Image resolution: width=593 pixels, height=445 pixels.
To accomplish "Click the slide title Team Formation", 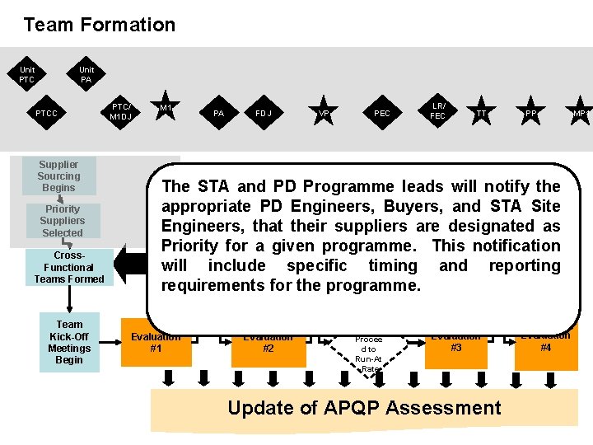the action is click(x=100, y=25).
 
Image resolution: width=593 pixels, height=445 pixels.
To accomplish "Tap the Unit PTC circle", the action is click(x=27, y=75).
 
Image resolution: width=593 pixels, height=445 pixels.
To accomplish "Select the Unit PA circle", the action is click(x=86, y=75).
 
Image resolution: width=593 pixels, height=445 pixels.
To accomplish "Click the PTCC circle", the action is click(x=47, y=113).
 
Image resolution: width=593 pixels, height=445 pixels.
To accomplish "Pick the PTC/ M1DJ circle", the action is click(x=120, y=111).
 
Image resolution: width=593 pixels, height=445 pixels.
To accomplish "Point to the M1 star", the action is click(x=166, y=107).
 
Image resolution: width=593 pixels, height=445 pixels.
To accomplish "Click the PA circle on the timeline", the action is click(x=219, y=113).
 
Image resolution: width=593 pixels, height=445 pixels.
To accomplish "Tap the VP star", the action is click(x=325, y=114).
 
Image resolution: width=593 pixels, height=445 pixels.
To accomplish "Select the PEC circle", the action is click(x=382, y=113).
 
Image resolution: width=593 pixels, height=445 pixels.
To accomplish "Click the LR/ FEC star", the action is click(x=438, y=111).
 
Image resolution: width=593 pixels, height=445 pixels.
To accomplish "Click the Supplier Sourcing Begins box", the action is click(x=58, y=176).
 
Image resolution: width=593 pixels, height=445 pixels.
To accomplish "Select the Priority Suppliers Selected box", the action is click(x=63, y=221).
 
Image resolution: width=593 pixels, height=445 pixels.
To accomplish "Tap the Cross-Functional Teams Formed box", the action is click(x=69, y=267).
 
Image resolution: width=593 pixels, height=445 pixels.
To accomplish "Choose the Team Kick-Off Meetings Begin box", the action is click(x=69, y=342).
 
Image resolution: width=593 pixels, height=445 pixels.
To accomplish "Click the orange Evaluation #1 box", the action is click(x=156, y=343).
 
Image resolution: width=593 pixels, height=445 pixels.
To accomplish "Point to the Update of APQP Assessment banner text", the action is click(x=364, y=408).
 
